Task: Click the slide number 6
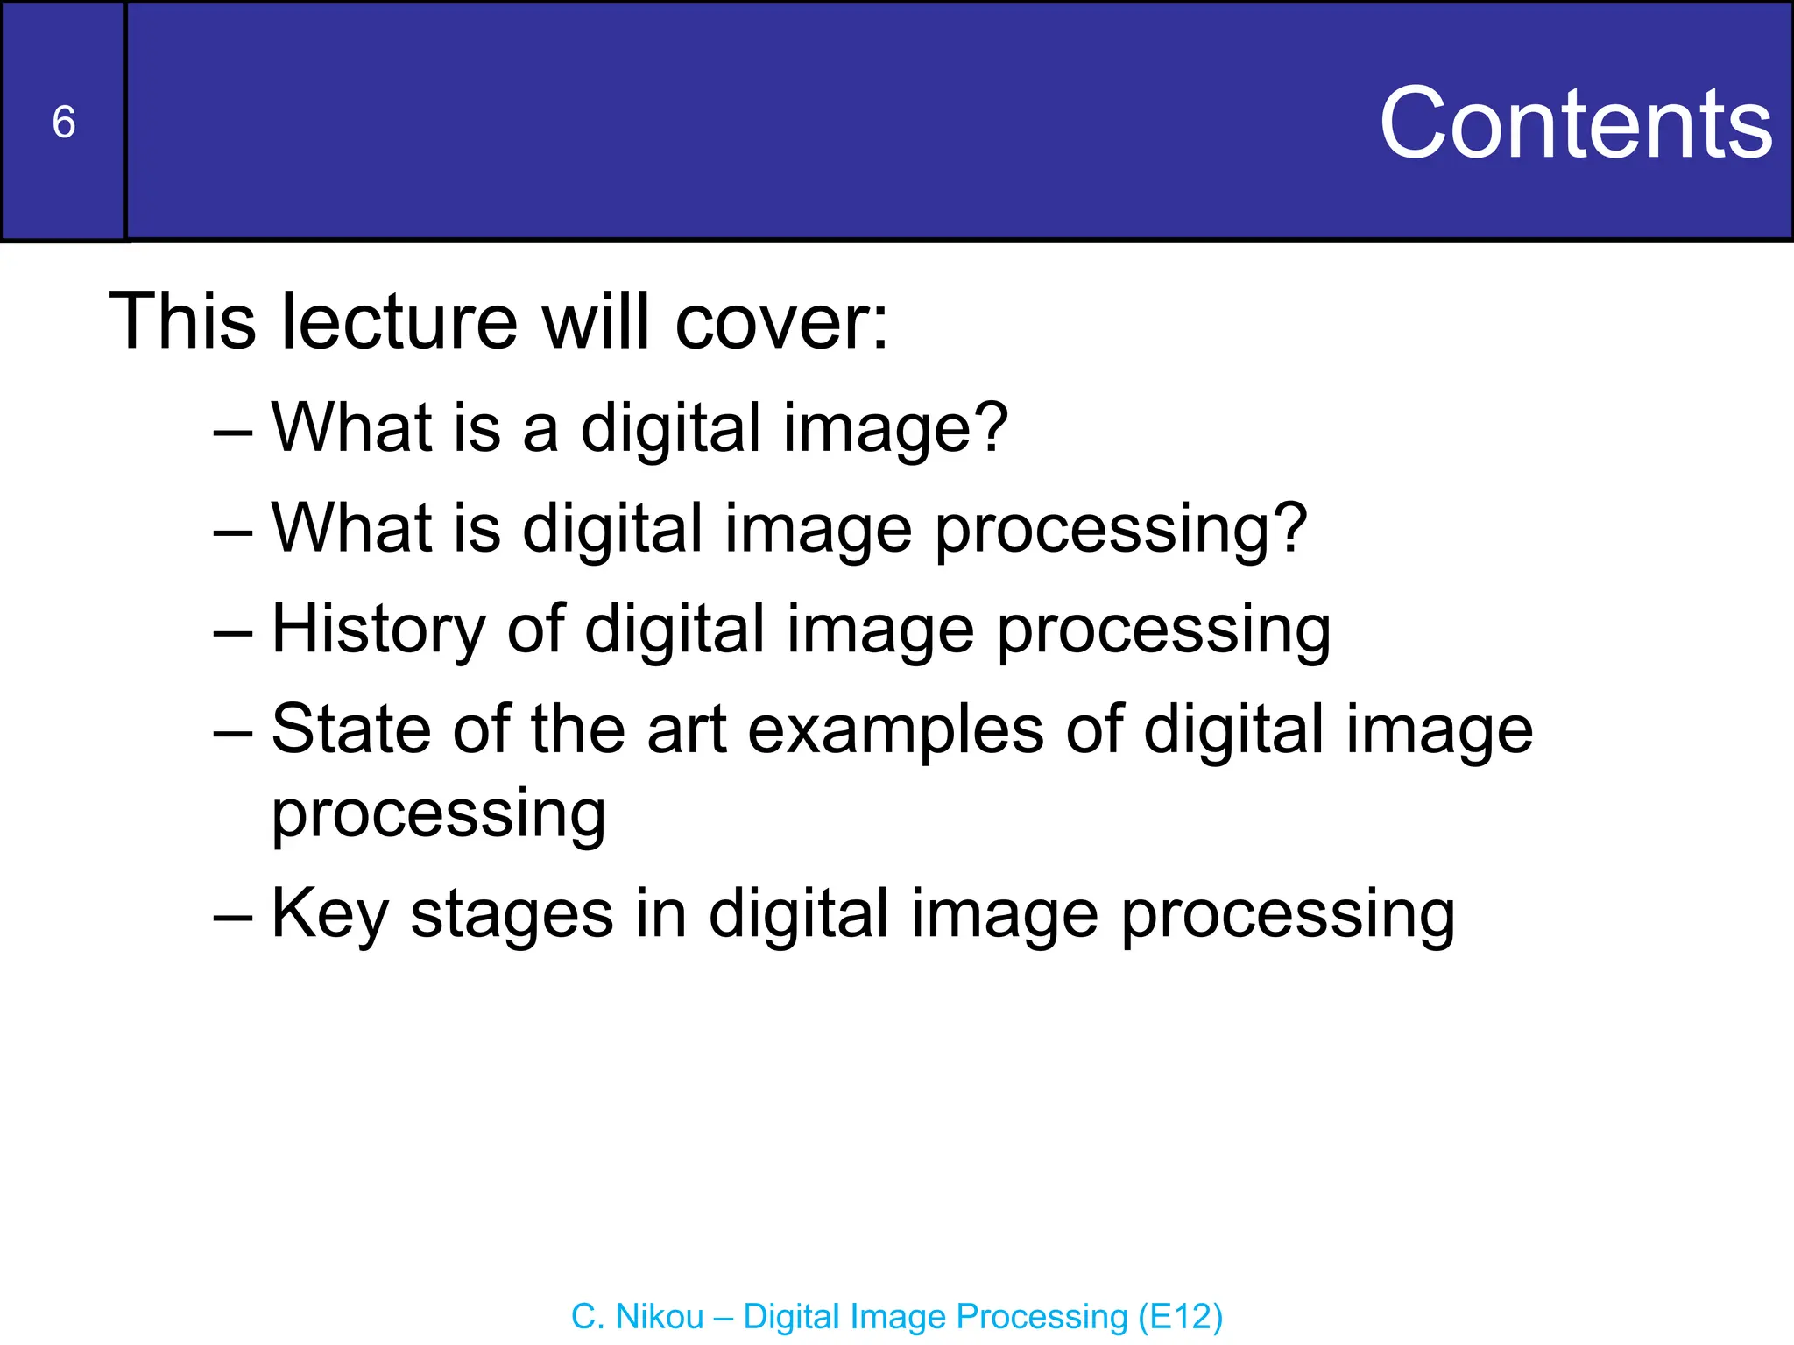pyautogui.click(x=64, y=122)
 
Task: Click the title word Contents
pyautogui.click(x=1575, y=123)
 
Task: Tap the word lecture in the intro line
pyautogui.click(x=399, y=321)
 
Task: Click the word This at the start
pyautogui.click(x=182, y=321)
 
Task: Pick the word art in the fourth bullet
pyautogui.click(x=687, y=730)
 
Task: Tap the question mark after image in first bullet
pyautogui.click(x=991, y=427)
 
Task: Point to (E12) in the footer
pyautogui.click(x=1180, y=1317)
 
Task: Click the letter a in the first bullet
pyautogui.click(x=540, y=431)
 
